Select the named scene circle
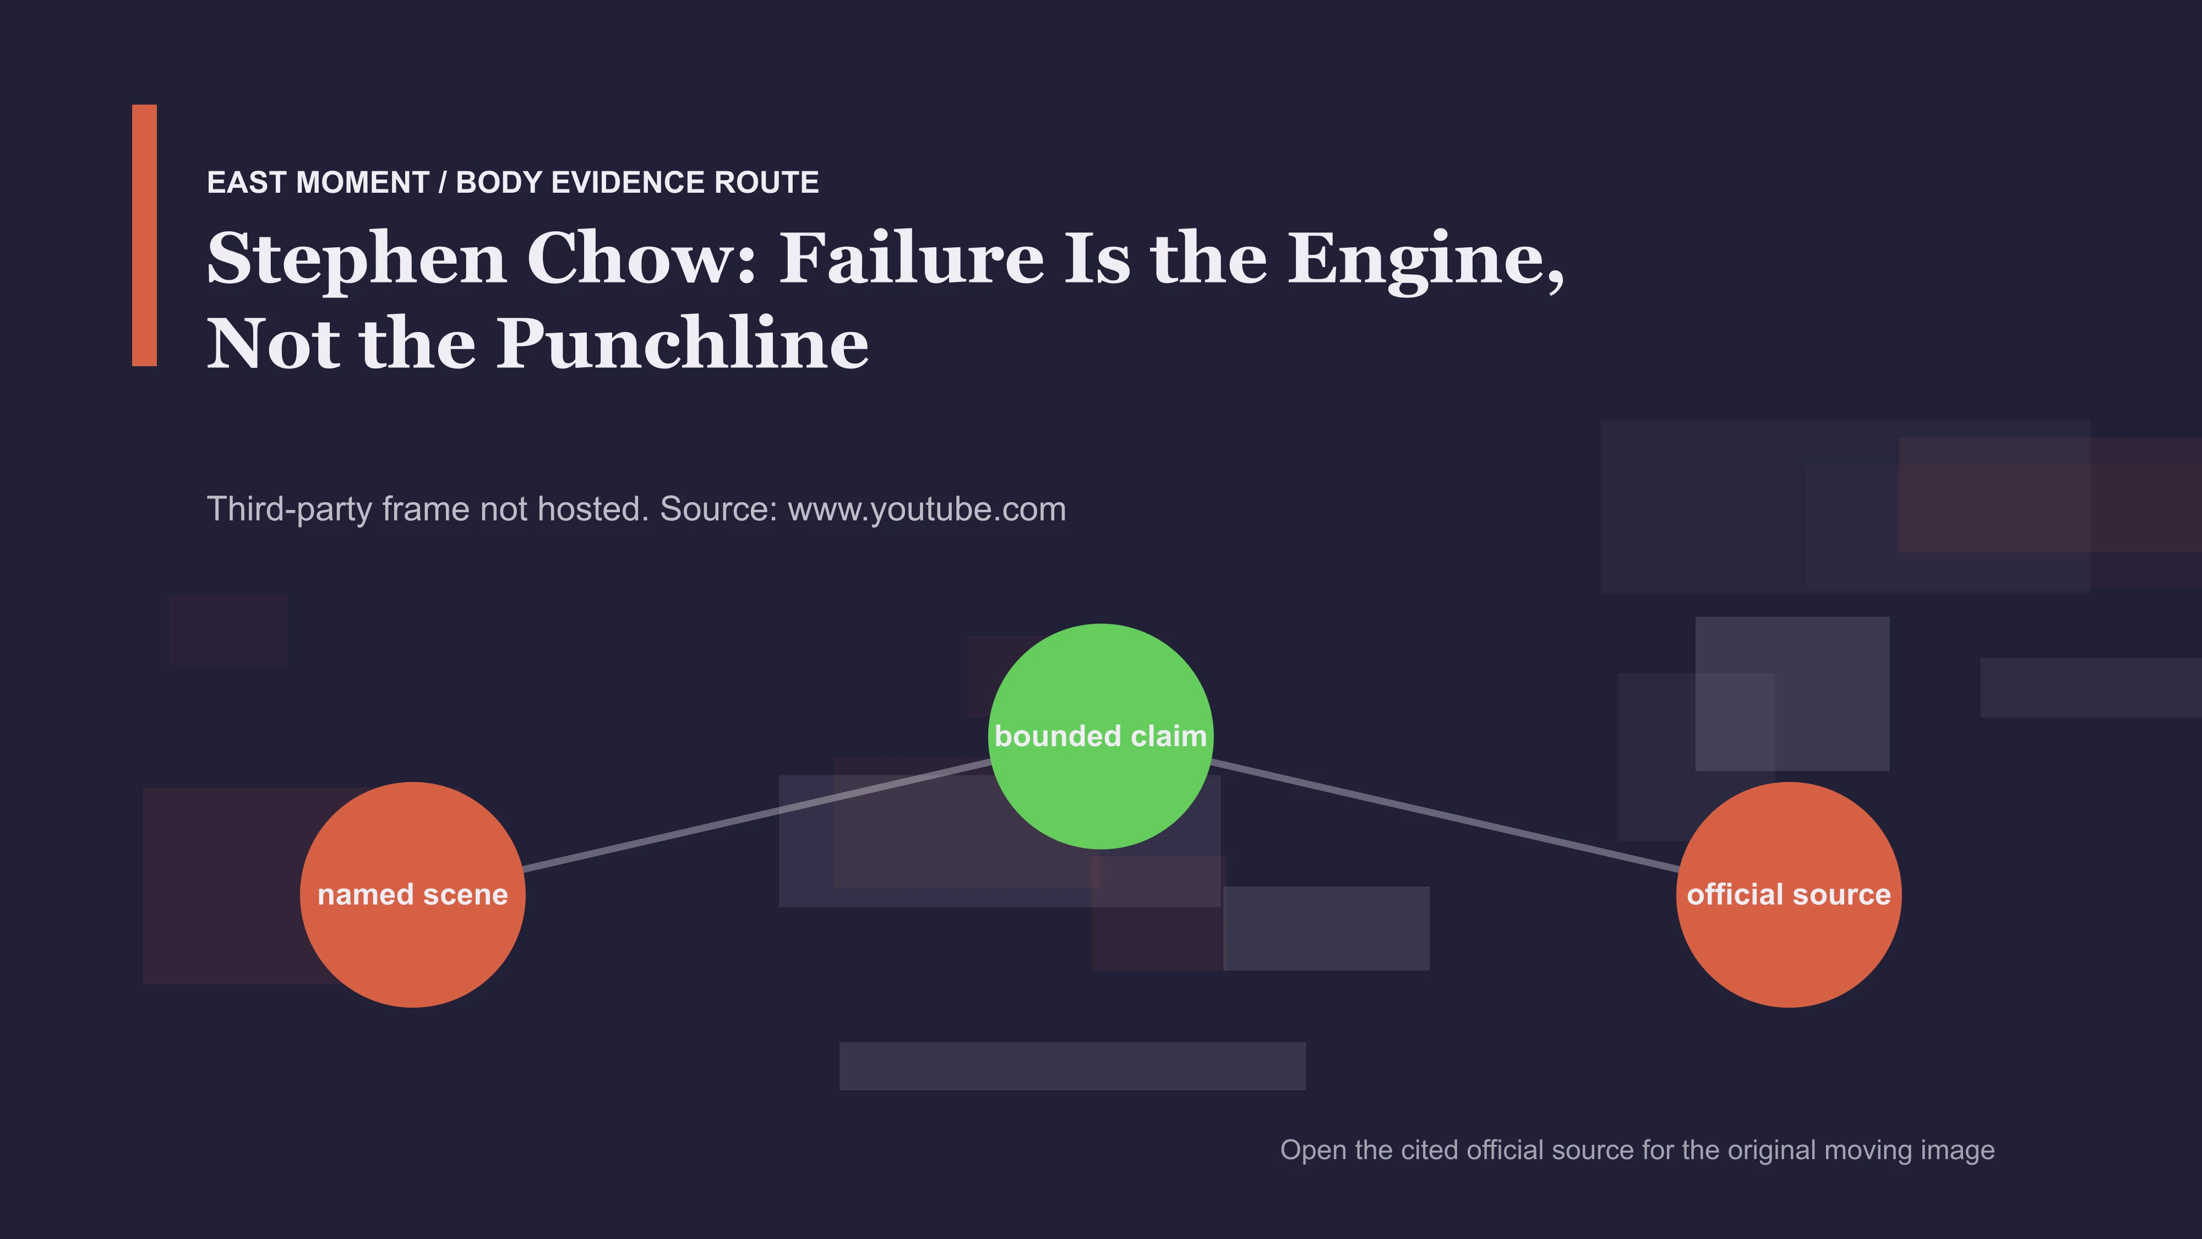pos(413,894)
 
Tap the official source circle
pos(1789,894)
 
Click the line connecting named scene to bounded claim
pos(756,815)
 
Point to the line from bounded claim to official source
pos(1445,815)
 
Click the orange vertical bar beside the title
pos(144,235)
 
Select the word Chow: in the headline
pos(642,258)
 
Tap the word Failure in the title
pos(911,258)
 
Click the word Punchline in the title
pos(683,344)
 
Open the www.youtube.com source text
pos(926,509)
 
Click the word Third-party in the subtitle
pos(290,509)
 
